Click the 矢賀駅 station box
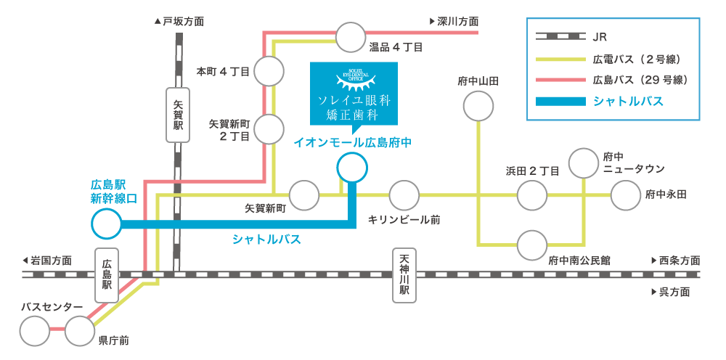pyautogui.click(x=178, y=115)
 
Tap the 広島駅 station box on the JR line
pyautogui.click(x=107, y=275)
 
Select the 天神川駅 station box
pyautogui.click(x=404, y=275)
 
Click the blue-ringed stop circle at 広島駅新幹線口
pyautogui.click(x=107, y=224)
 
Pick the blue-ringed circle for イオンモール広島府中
pyautogui.click(x=352, y=168)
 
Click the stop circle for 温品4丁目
pyautogui.click(x=351, y=37)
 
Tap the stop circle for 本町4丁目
pyautogui.click(x=269, y=71)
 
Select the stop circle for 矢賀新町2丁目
pyautogui.click(x=269, y=129)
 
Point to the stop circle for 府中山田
pyautogui.click(x=478, y=106)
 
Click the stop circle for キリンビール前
pyautogui.click(x=404, y=195)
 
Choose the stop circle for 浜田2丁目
pyautogui.click(x=532, y=195)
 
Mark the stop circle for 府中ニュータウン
pyautogui.click(x=584, y=163)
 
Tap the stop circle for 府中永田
pyautogui.click(x=626, y=195)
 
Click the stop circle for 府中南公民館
pyautogui.click(x=532, y=245)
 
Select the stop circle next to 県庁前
pyautogui.click(x=80, y=331)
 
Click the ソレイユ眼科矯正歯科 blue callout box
pyautogui.click(x=354, y=94)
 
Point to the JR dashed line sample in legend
pyautogui.click(x=560, y=36)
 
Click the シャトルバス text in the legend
pyautogui.click(x=628, y=101)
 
